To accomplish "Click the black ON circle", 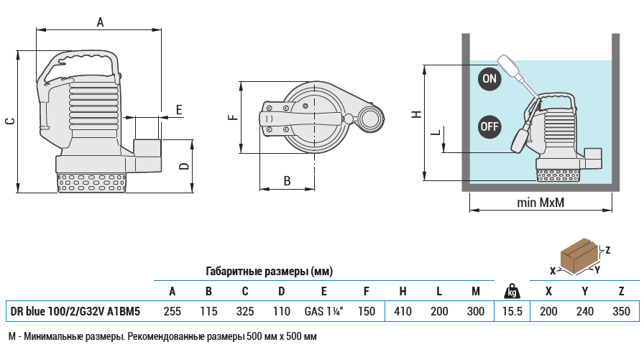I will [x=489, y=78].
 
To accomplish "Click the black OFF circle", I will [x=489, y=126].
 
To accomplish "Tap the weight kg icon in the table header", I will [x=512, y=290].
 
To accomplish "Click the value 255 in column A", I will [x=172, y=311].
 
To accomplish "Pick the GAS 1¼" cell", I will [x=324, y=311].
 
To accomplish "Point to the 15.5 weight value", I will [x=512, y=311].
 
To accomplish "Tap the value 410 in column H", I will [x=402, y=311].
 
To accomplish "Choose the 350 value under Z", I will [x=621, y=311].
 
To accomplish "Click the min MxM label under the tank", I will [x=540, y=203].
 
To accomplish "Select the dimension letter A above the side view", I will [x=101, y=22].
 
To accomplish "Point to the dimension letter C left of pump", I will [x=10, y=121].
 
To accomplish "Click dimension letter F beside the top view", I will [x=232, y=117].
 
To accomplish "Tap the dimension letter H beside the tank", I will [x=415, y=114].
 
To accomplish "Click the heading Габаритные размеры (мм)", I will [x=269, y=272].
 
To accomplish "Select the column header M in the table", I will [x=475, y=291].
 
